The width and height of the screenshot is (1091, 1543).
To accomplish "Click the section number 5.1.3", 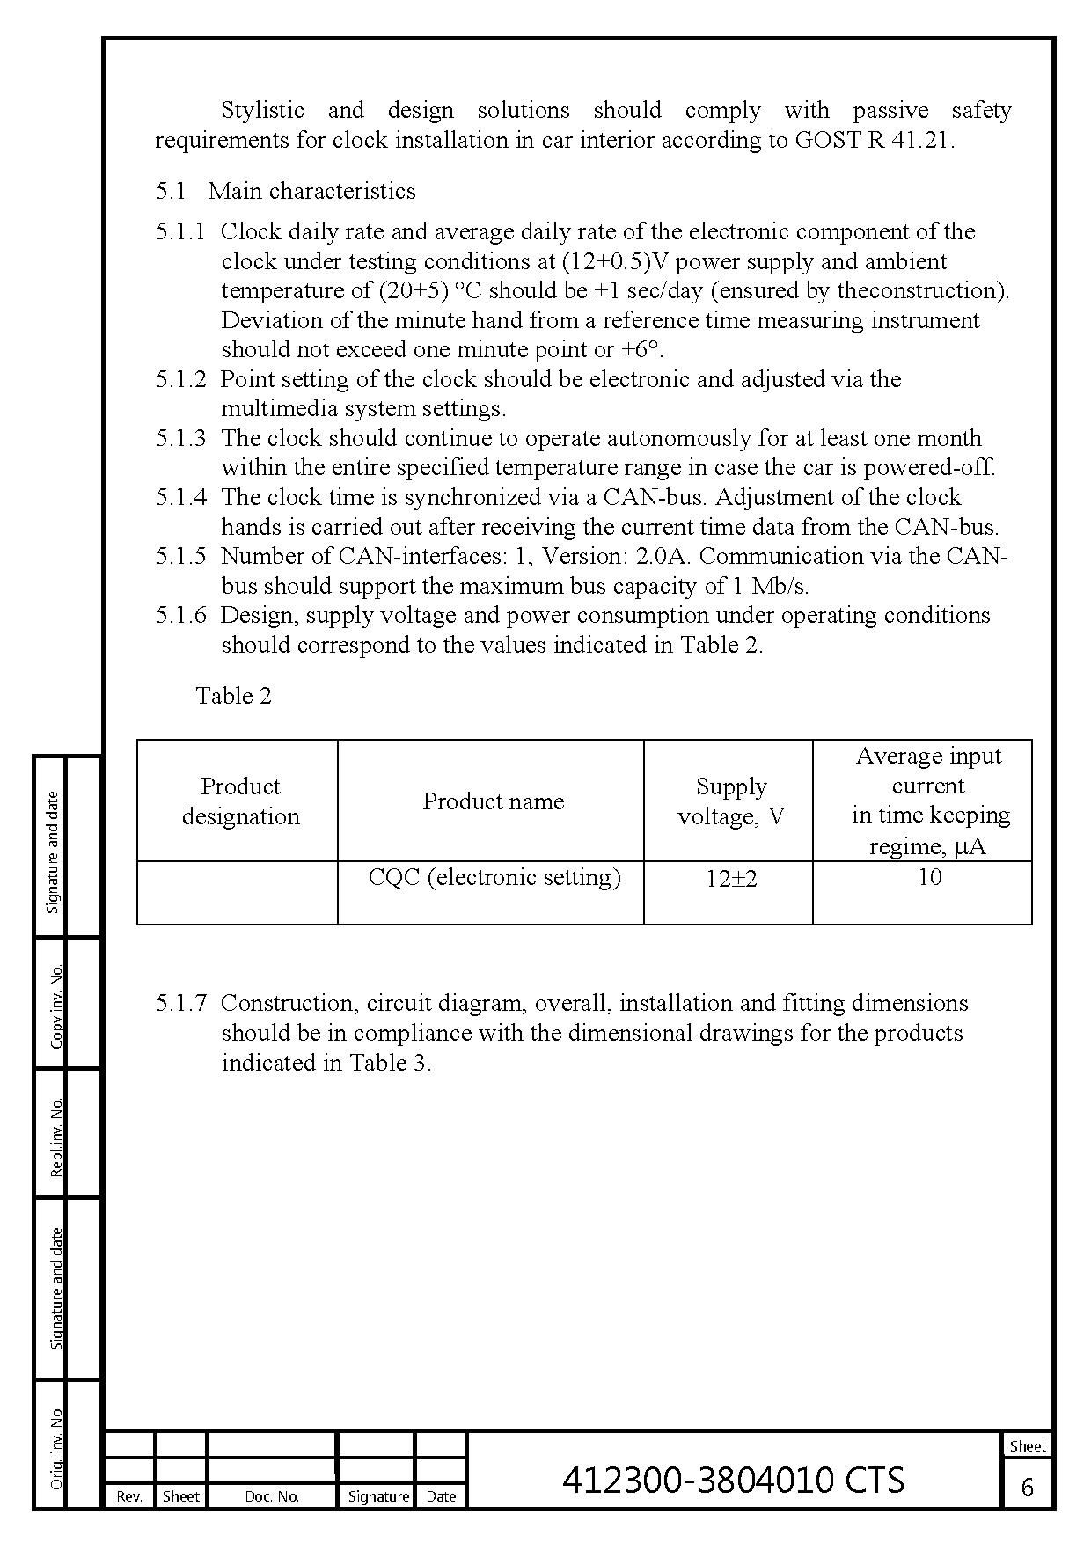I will tap(180, 438).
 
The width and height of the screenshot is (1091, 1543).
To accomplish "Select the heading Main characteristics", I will tap(311, 191).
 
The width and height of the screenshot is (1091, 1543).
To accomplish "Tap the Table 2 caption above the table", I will tap(233, 696).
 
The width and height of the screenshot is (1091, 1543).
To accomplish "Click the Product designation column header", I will tap(239, 801).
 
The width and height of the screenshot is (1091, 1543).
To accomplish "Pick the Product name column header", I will tap(493, 801).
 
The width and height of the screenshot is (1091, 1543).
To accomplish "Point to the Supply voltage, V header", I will tap(730, 801).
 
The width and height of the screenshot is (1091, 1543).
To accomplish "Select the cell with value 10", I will tap(929, 877).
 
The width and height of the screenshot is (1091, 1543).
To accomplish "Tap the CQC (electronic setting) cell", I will tap(494, 877).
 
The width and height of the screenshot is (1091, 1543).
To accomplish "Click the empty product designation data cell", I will tap(238, 892).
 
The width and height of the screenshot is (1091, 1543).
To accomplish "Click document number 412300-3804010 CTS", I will tap(733, 1480).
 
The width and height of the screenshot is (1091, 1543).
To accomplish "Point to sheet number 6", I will tap(1027, 1487).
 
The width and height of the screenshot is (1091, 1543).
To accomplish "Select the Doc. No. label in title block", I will tap(272, 1496).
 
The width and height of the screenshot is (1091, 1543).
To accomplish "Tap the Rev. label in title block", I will tap(129, 1496).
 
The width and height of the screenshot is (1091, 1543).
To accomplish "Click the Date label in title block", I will tap(440, 1496).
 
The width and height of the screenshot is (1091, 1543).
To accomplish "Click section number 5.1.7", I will tap(180, 1003).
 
